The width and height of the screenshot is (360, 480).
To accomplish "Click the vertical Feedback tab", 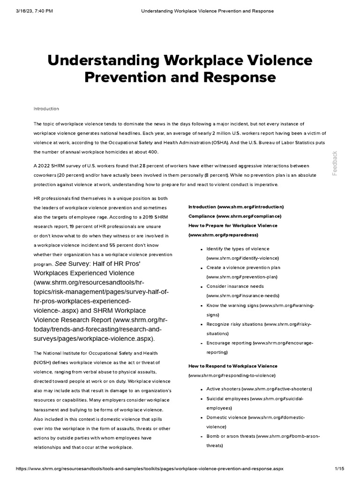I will pos(335,163).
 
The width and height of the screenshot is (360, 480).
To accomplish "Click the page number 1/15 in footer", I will pos(340,469).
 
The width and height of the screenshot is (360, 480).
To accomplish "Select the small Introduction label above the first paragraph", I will pos(46,109).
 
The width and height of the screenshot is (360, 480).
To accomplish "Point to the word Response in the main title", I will pos(233,77).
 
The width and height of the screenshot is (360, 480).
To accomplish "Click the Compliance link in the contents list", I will pos(234,216).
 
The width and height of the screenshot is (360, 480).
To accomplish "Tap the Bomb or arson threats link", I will pos(262,436).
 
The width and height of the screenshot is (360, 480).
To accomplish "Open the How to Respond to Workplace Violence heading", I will pos(232,366).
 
